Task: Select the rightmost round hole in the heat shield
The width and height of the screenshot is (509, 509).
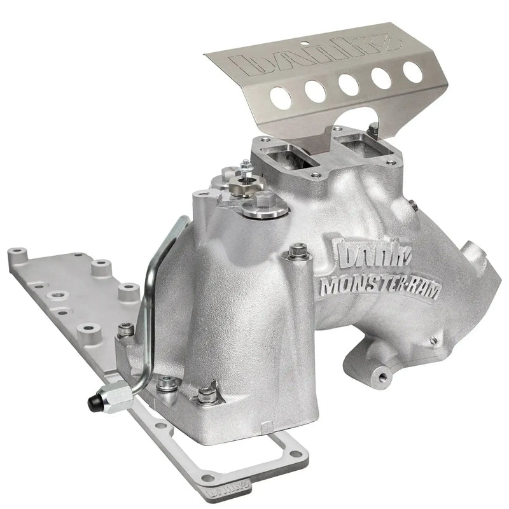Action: (412, 71)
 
